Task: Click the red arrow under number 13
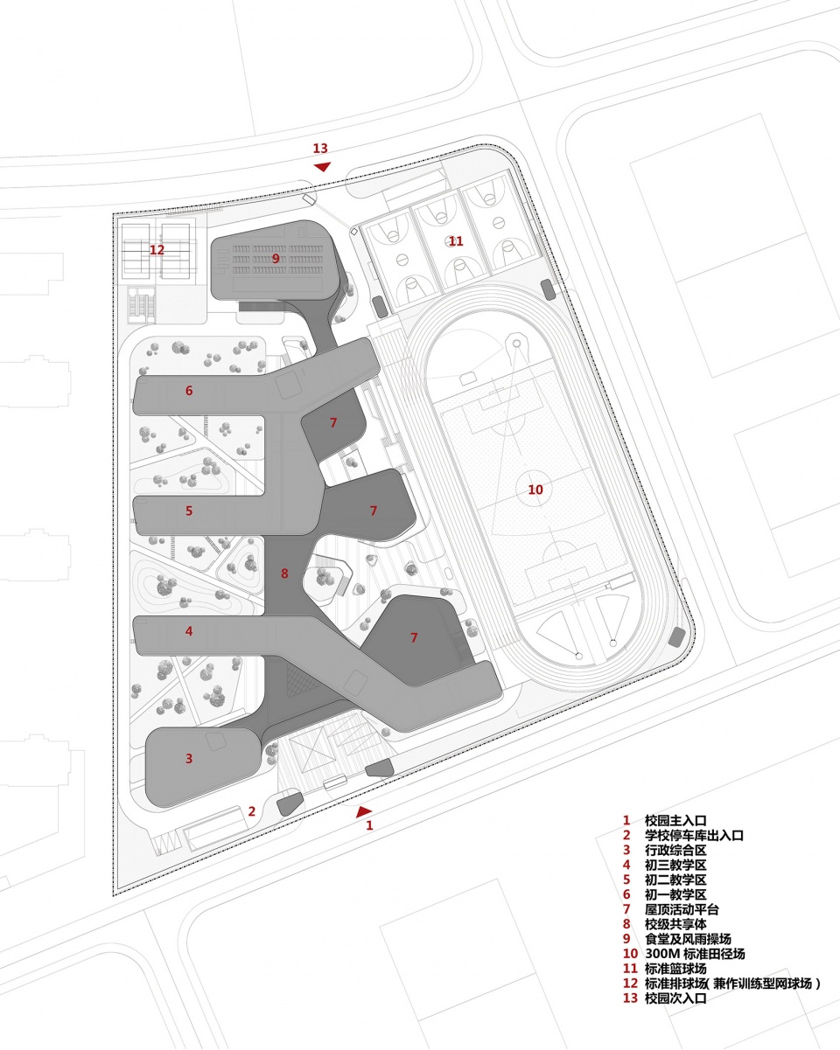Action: tap(322, 167)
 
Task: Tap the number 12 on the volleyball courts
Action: tap(157, 250)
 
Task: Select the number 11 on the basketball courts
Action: tap(456, 241)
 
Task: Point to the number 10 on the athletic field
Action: tap(535, 490)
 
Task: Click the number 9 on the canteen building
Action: tap(276, 259)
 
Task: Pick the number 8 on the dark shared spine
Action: tap(284, 574)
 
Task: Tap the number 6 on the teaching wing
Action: tap(189, 390)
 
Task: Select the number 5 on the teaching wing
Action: tap(189, 511)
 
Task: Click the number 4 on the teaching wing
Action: tap(189, 631)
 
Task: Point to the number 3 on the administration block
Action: tap(189, 758)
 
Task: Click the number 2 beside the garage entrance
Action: tap(251, 811)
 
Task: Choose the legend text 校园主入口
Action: tap(675, 821)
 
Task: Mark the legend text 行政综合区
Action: tap(675, 851)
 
